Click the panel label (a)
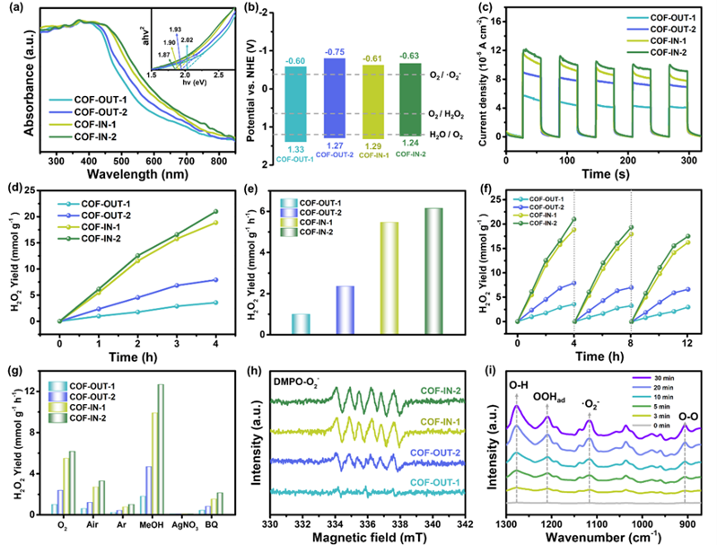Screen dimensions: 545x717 coord(17,12)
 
